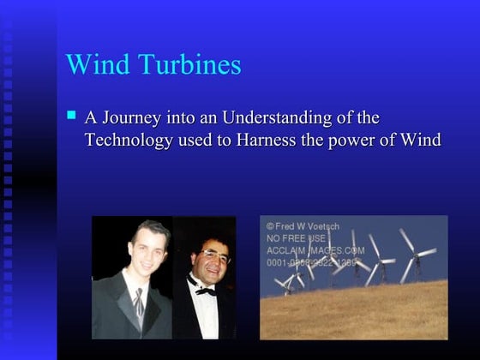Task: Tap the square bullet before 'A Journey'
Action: tap(72, 113)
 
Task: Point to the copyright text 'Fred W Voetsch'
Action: tap(305, 225)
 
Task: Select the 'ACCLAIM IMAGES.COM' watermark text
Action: tap(315, 250)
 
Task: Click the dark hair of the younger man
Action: tap(150, 228)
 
